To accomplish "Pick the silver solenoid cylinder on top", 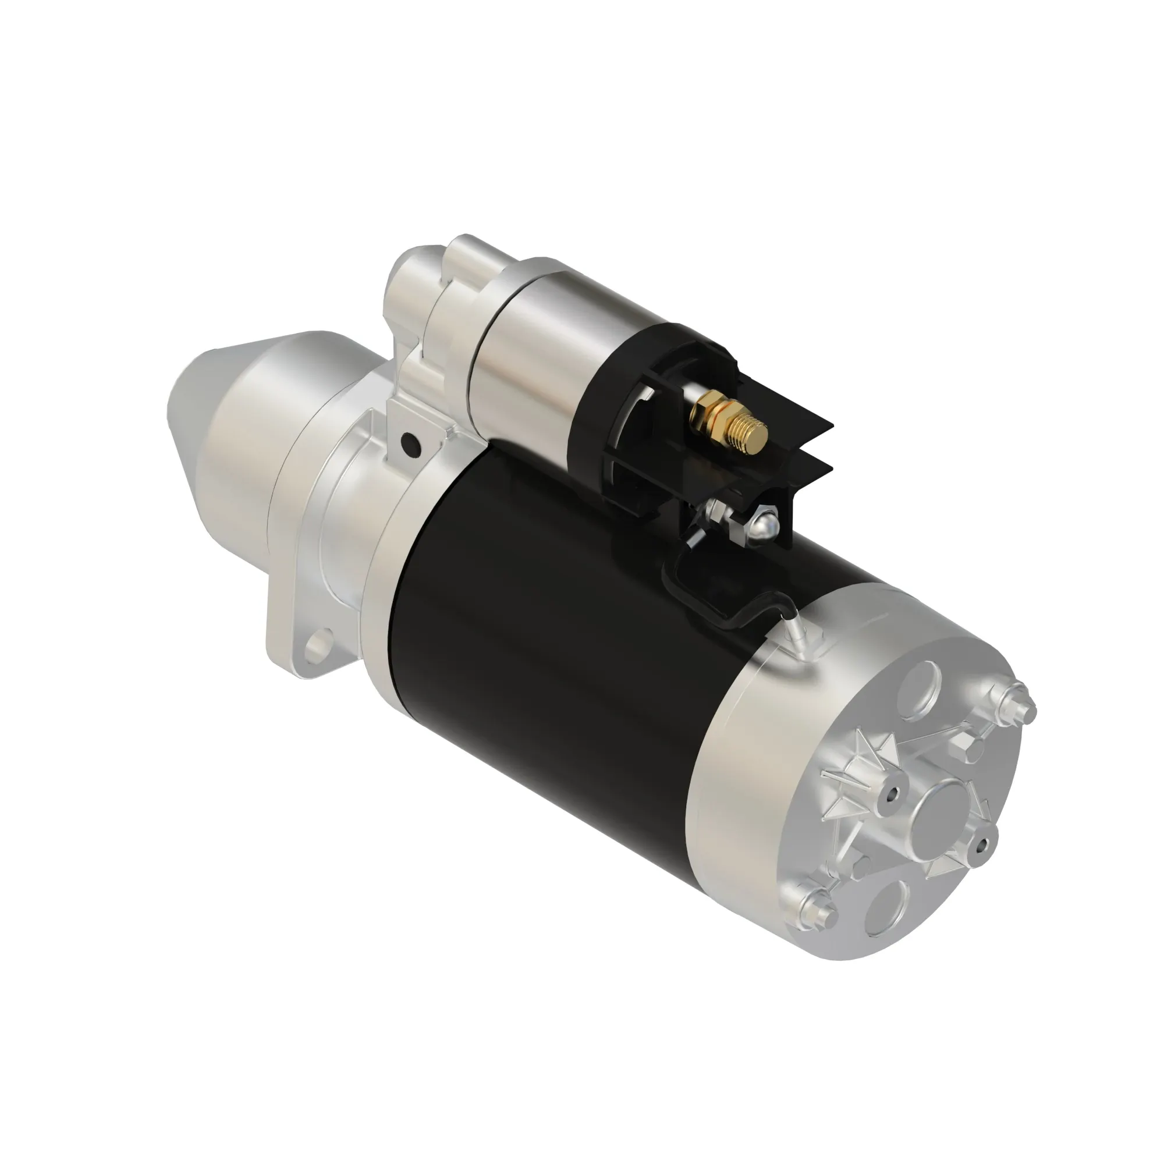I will pyautogui.click(x=530, y=338).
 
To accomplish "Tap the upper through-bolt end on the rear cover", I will pyautogui.click(x=1020, y=704).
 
